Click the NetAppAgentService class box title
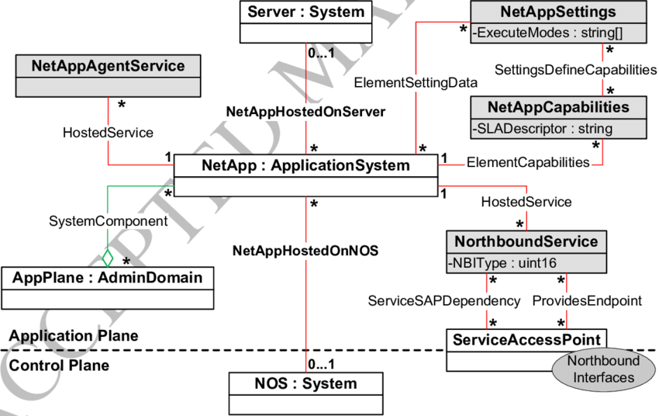tap(108, 66)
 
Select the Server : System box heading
tap(305, 12)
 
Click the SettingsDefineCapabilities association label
tap(575, 70)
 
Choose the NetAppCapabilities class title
tap(557, 106)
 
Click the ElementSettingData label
tap(416, 81)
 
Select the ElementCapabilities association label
tap(528, 161)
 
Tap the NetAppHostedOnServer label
tap(305, 112)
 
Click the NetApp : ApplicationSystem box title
tap(305, 165)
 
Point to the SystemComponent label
tap(108, 221)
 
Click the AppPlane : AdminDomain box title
tap(108, 277)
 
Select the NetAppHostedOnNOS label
tap(305, 251)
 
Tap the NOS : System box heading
tap(305, 383)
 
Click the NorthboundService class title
tap(526, 241)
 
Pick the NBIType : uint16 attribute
tap(502, 264)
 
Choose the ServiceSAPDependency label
tap(444, 300)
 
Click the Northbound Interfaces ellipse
tap(603, 369)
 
